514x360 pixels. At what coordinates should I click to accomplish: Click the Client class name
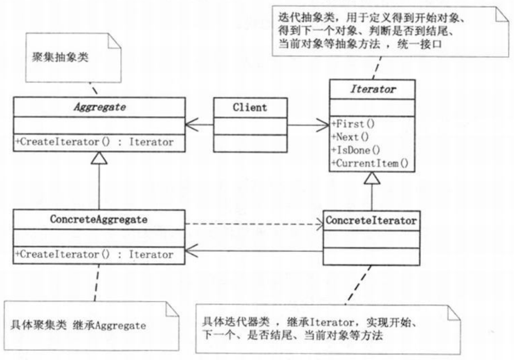250,108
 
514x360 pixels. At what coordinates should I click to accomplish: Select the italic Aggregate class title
100,107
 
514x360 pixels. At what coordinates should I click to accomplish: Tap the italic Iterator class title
373,89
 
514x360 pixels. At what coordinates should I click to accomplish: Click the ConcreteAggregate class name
99,219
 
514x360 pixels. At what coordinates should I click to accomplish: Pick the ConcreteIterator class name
371,221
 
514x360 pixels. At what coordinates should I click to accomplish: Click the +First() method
353,124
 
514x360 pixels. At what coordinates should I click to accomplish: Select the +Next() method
350,137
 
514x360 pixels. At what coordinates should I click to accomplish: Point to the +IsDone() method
356,150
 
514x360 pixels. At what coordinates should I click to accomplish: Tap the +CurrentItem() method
370,163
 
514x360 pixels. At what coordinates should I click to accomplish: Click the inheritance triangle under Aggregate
99,158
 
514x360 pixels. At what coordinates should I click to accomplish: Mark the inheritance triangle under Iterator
372,178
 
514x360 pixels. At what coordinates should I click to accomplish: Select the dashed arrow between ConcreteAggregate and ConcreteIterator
254,225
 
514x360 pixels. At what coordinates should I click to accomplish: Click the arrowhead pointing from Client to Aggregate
192,125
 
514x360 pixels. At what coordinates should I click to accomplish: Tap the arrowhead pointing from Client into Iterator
323,125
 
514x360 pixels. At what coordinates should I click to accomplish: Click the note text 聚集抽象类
60,57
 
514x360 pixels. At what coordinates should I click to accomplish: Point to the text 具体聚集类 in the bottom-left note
38,325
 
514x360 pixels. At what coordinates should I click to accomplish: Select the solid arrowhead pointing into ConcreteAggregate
192,251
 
